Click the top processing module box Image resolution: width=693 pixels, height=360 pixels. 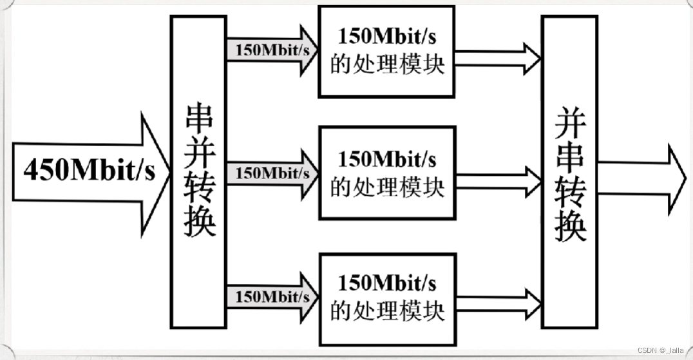click(386, 52)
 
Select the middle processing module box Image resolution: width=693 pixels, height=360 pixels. click(386, 173)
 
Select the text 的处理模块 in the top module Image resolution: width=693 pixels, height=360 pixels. click(387, 64)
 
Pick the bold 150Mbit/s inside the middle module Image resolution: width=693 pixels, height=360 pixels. click(387, 158)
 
